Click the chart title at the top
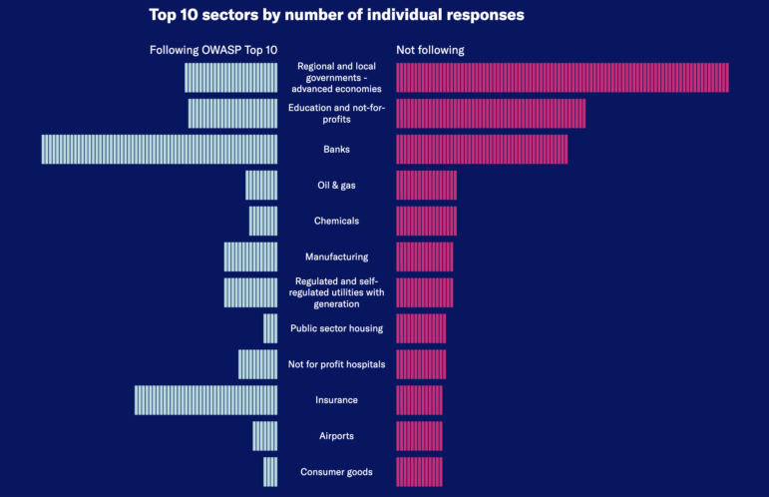[x=336, y=15]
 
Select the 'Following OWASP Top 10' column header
[x=213, y=50]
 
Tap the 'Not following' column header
[x=430, y=50]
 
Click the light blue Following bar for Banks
[x=160, y=149]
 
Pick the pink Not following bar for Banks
[x=482, y=149]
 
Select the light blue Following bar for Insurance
[x=206, y=400]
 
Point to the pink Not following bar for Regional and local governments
[x=562, y=78]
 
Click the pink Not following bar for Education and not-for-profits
[x=491, y=114]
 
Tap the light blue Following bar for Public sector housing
[x=270, y=328]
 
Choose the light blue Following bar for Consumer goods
[x=270, y=472]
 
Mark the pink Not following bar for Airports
[x=419, y=436]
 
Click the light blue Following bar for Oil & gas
[x=261, y=185]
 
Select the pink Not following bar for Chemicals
[x=426, y=221]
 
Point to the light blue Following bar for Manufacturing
[x=250, y=256]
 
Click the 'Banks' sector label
[x=336, y=150]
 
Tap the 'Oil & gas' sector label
[x=336, y=185]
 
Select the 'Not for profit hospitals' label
[x=336, y=364]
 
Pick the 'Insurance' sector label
[x=336, y=400]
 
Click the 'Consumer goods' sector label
[x=336, y=472]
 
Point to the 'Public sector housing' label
[x=336, y=328]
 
